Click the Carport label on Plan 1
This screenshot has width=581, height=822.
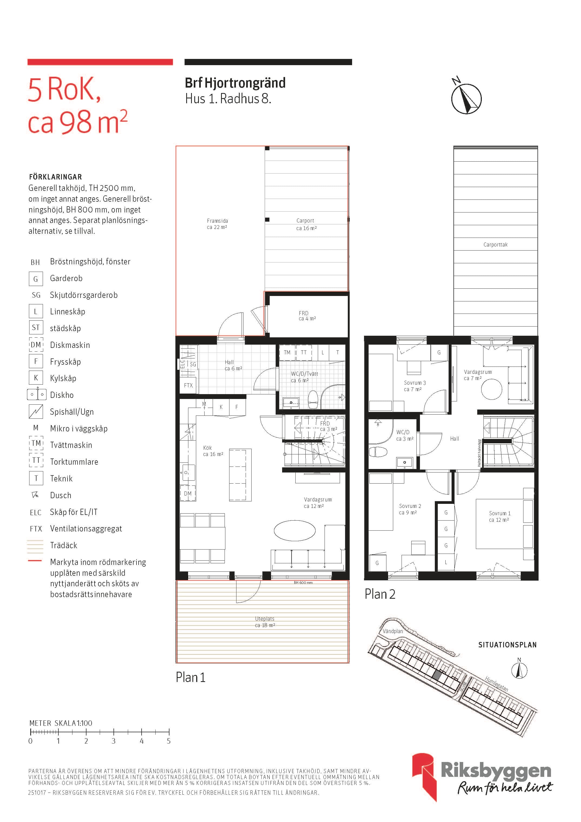(x=305, y=221)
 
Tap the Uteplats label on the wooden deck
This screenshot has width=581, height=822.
(x=265, y=619)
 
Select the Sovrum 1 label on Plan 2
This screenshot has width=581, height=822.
(x=500, y=513)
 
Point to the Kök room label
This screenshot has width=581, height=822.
(x=207, y=448)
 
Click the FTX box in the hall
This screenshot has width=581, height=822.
(x=188, y=385)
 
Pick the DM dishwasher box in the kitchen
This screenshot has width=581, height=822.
(x=188, y=493)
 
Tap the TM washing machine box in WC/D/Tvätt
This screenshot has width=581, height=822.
(x=287, y=352)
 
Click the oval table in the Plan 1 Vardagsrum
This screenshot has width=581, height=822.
(x=295, y=530)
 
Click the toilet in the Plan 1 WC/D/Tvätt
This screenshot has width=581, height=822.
(x=313, y=400)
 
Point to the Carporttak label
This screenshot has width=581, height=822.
(x=495, y=245)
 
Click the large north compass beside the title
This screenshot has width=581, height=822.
(x=466, y=97)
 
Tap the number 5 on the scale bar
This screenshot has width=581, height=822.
(x=169, y=741)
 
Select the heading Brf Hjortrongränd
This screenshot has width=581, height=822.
(x=235, y=83)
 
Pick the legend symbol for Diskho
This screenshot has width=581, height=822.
(x=36, y=395)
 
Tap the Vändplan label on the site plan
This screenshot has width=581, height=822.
(x=393, y=631)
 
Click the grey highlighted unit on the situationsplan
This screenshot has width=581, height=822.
(x=437, y=675)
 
